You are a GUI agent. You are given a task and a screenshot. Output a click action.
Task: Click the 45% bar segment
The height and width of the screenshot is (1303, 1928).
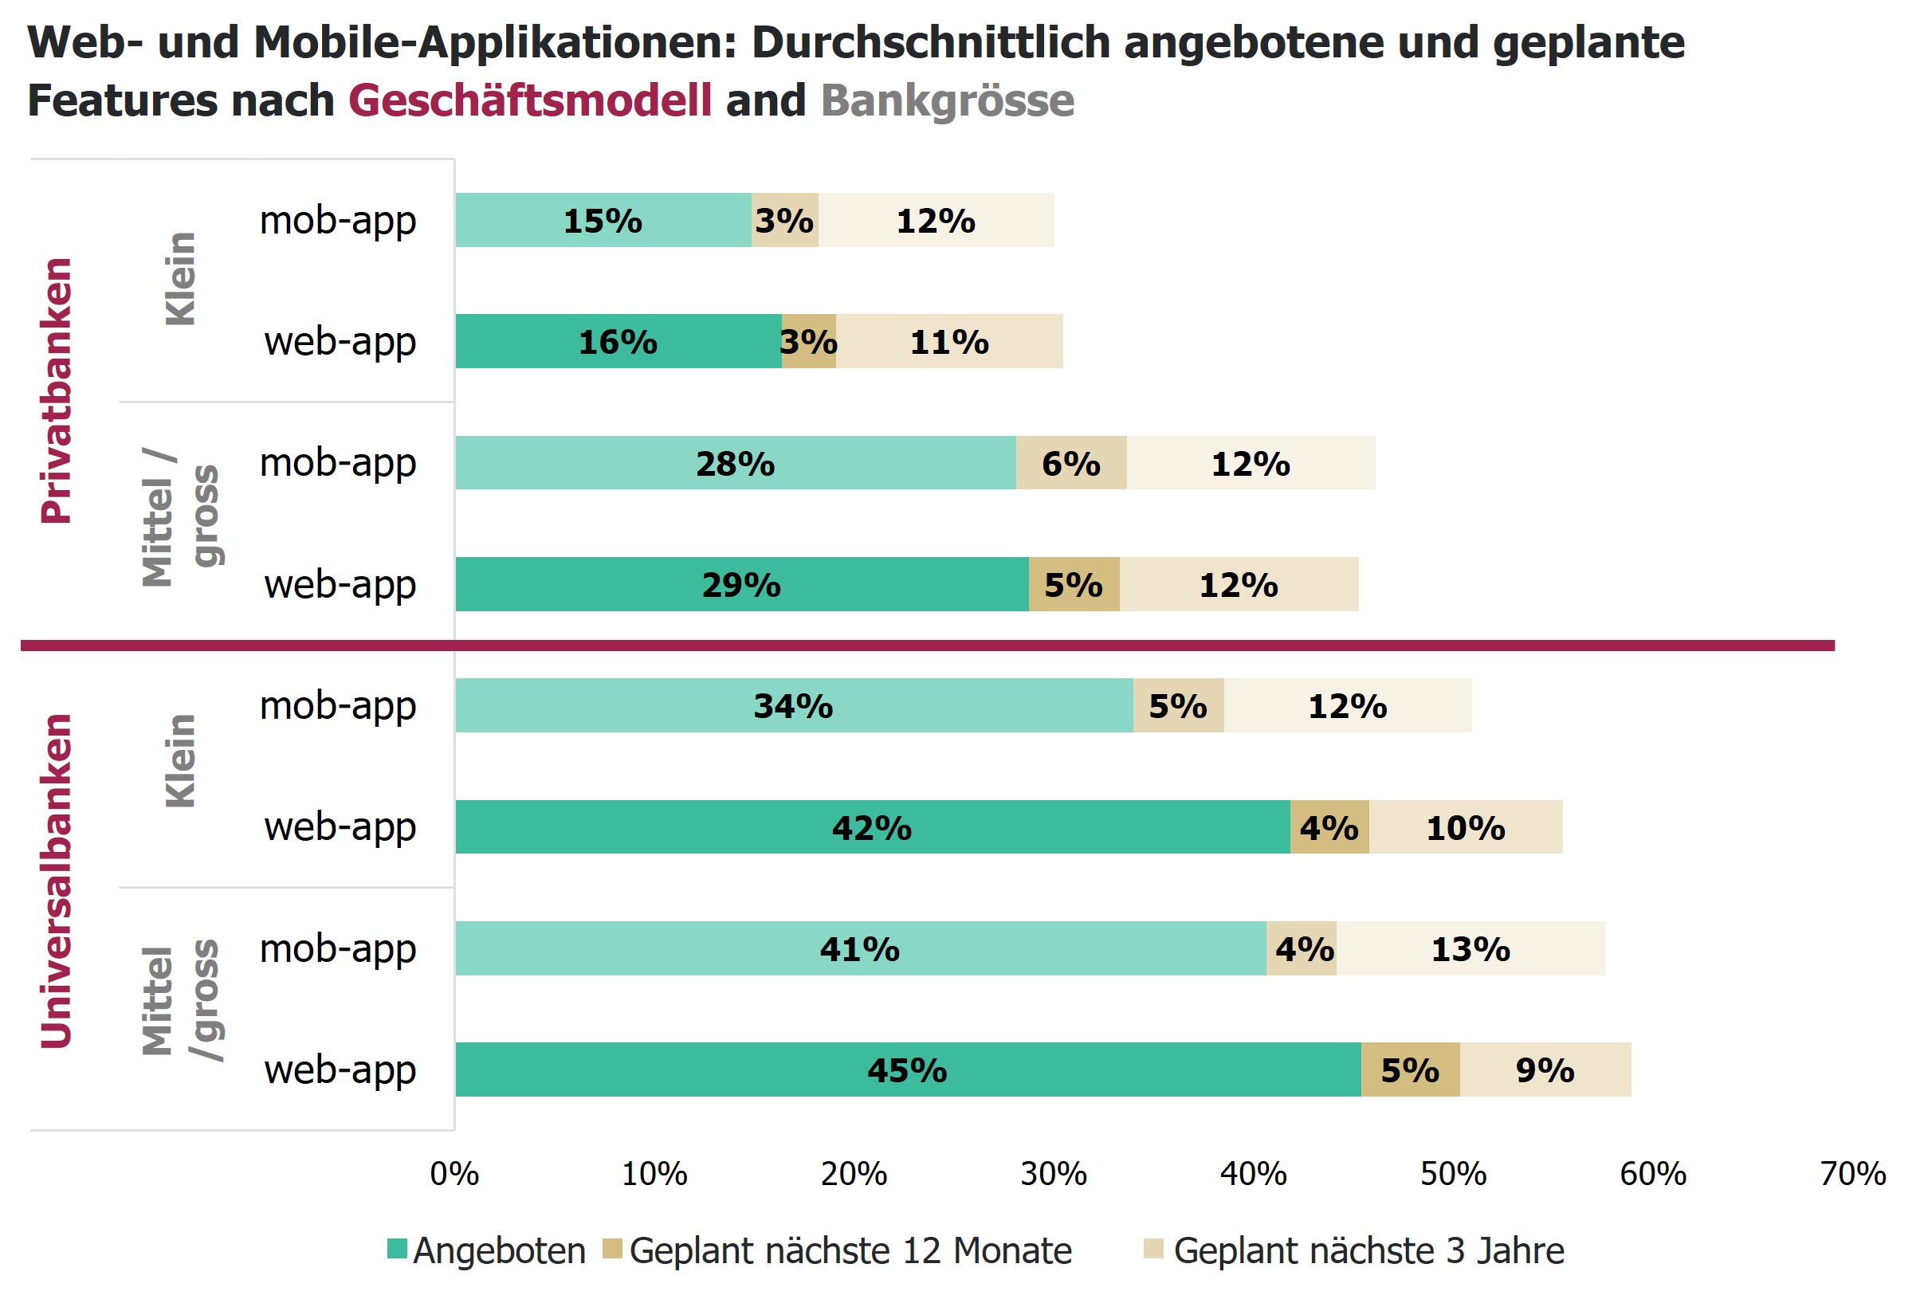click(x=908, y=1069)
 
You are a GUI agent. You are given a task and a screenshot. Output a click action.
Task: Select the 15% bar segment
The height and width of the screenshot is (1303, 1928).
click(x=603, y=220)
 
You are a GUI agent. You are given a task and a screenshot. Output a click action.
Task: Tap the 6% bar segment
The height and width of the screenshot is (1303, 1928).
click(x=1071, y=463)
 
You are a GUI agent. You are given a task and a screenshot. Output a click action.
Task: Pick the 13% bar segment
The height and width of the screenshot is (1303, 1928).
click(x=1470, y=948)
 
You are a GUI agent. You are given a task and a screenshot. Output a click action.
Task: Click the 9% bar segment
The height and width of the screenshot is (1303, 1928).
click(x=1545, y=1069)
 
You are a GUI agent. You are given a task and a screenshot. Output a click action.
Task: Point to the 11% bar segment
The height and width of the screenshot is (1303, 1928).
click(x=949, y=341)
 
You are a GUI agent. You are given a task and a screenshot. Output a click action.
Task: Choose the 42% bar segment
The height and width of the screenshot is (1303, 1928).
click(x=872, y=827)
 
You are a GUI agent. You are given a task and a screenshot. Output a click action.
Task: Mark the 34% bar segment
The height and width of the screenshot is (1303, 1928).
click(x=793, y=705)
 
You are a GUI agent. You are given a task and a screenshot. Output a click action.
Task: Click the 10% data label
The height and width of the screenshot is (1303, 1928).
click(x=1465, y=828)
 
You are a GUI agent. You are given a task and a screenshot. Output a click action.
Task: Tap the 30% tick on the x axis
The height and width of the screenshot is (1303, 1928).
click(x=1054, y=1175)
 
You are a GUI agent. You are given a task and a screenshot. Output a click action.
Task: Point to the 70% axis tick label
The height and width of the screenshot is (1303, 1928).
click(x=1852, y=1175)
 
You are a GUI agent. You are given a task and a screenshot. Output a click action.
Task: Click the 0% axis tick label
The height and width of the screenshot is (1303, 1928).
click(x=454, y=1175)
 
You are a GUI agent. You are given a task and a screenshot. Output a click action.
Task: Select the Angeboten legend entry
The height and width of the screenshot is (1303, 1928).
click(x=487, y=1250)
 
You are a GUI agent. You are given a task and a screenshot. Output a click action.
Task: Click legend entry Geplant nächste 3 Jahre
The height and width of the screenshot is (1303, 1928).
click(x=1354, y=1250)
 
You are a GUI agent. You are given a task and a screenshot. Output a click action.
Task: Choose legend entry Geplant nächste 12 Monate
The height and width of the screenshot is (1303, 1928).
click(x=838, y=1250)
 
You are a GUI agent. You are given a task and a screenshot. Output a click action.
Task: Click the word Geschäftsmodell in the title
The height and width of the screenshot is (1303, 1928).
click(x=529, y=100)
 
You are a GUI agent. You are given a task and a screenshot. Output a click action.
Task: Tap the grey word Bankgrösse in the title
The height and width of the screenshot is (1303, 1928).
click(x=948, y=100)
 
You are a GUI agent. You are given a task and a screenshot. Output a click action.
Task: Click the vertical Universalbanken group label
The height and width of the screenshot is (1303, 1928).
click(x=57, y=881)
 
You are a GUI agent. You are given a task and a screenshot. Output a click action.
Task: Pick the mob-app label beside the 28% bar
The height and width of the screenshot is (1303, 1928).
click(x=338, y=463)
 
